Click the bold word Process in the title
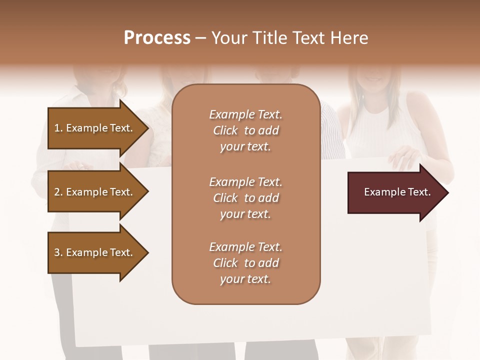coord(157,38)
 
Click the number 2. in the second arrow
coord(58,192)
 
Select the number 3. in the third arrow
coord(58,252)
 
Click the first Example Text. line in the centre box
coord(245,114)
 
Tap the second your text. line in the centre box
coord(245,214)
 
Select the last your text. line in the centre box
coord(245,279)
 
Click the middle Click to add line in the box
coord(245,198)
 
